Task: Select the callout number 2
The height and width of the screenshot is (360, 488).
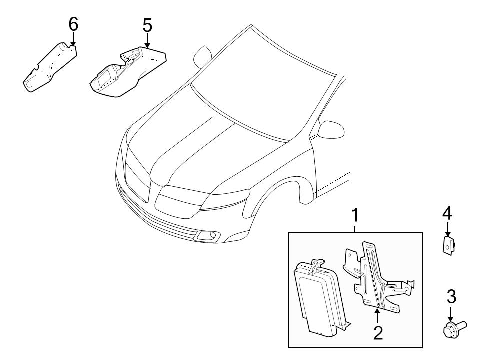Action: tap(378, 332)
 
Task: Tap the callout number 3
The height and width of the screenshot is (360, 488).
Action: tap(451, 297)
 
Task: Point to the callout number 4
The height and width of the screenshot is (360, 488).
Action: tap(447, 214)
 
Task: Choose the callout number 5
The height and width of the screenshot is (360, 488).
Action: tap(147, 25)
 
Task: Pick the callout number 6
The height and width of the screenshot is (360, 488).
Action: tap(73, 24)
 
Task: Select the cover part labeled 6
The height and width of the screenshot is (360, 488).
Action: tap(50, 67)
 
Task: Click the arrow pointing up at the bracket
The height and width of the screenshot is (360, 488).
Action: tap(378, 315)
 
